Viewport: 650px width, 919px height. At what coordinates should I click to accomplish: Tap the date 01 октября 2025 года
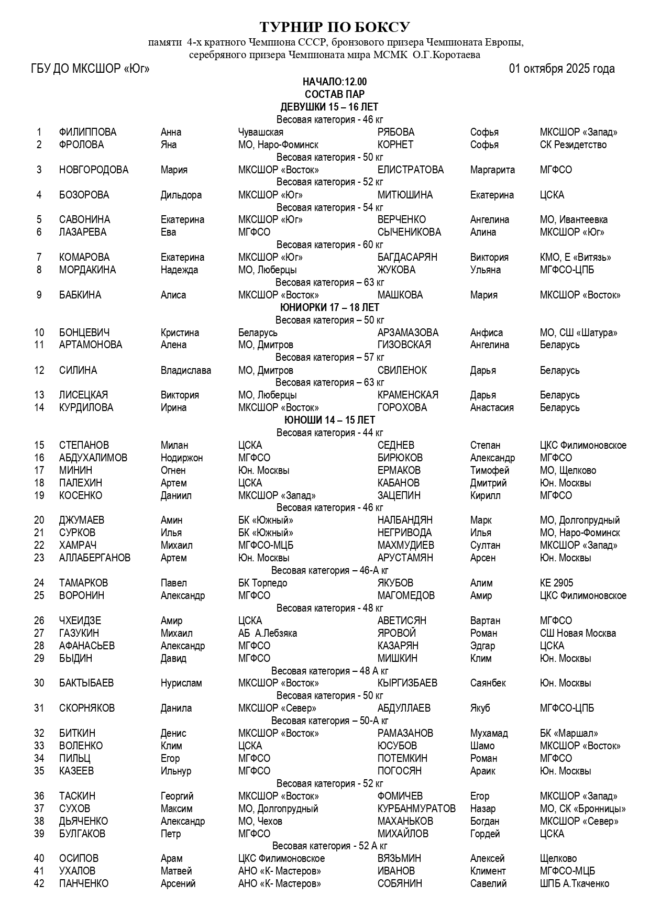(561, 69)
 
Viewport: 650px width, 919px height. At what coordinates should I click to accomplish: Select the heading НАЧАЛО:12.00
(335, 82)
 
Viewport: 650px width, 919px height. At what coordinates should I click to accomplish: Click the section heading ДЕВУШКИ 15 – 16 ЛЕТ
(329, 107)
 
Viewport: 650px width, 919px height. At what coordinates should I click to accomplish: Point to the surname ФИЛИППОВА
(87, 132)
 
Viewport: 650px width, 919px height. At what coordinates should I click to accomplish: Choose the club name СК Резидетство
(573, 145)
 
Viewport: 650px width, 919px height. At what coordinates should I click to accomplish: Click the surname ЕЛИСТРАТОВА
(410, 170)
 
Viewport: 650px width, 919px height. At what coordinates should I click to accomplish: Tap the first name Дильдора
(181, 195)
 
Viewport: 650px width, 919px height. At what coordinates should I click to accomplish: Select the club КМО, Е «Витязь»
(575, 257)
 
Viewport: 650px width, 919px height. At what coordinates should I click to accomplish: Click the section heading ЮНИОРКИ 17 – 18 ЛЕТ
(329, 307)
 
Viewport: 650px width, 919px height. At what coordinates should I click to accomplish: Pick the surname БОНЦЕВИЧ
(84, 333)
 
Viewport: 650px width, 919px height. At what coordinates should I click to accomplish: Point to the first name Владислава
(185, 370)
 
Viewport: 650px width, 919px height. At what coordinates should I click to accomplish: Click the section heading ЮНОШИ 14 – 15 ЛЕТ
(329, 420)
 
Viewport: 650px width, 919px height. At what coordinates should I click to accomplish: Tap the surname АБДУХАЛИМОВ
(93, 458)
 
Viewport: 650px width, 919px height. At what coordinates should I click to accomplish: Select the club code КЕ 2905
(556, 583)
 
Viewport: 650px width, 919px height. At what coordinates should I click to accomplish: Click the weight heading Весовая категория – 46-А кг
(329, 570)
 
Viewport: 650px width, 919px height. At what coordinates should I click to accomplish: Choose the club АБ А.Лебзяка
(267, 633)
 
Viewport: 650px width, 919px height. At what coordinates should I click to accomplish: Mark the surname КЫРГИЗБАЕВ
(407, 683)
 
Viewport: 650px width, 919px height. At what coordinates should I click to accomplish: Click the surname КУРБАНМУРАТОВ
(416, 809)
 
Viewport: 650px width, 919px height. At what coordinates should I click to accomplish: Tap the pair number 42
(39, 883)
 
